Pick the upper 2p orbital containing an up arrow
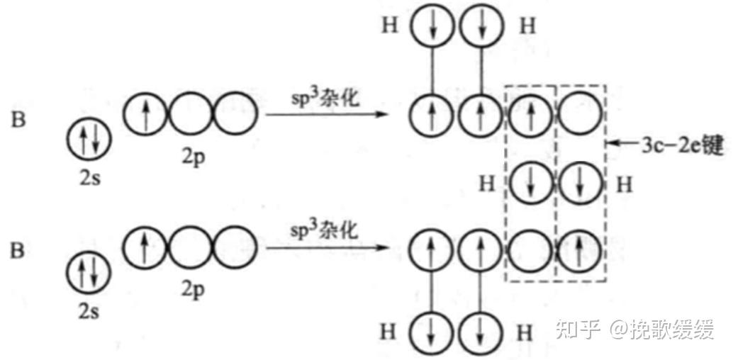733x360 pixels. tap(146, 114)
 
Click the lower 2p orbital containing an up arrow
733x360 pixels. tap(145, 247)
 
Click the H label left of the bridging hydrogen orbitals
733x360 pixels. tap(486, 184)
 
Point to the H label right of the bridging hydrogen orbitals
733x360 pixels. tap(624, 185)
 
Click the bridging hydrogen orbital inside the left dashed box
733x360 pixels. tap(531, 183)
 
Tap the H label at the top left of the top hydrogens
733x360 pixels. tap(390, 26)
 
